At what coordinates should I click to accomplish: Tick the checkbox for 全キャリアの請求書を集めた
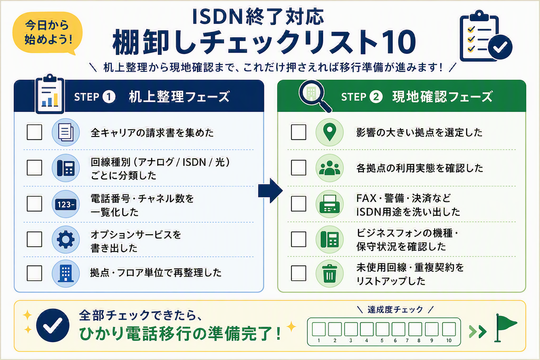pos(34,132)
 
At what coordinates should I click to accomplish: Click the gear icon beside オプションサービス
pos(66,239)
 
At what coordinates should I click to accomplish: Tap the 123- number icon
pos(66,204)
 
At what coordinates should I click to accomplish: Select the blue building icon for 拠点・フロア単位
pos(66,274)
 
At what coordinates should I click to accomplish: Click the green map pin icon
pos(329,132)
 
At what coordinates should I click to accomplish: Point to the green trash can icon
pos(329,274)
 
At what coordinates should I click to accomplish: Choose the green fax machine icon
pos(329,204)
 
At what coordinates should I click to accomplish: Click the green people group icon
pos(329,168)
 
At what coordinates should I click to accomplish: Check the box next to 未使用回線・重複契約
pos(298,273)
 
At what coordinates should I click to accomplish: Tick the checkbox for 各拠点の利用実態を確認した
pos(298,168)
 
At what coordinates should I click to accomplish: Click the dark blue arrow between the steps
pos(270,191)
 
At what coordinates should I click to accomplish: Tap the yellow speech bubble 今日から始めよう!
pos(47,33)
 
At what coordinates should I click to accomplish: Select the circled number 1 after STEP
pos(109,97)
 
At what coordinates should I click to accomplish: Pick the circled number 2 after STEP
pos(376,97)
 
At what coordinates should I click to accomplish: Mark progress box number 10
pos(449,329)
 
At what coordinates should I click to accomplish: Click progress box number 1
pos(319,329)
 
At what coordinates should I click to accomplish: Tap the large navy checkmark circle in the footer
pos(53,325)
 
